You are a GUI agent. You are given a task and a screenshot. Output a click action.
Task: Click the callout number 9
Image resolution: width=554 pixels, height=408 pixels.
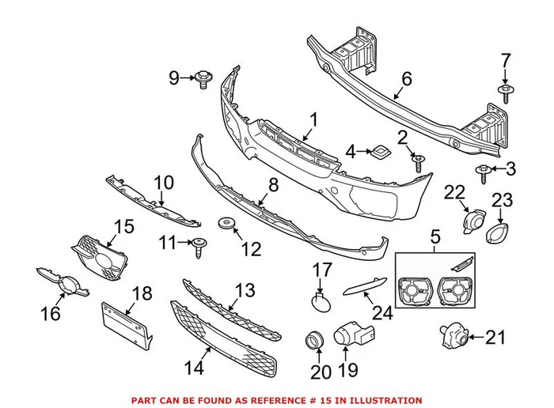pos(173,77)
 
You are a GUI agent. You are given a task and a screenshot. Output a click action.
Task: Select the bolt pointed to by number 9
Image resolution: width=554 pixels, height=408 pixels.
pos(204,77)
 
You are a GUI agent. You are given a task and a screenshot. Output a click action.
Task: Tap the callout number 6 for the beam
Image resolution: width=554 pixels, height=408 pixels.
pos(408,78)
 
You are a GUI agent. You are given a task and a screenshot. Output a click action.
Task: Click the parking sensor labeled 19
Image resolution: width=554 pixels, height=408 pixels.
pos(351,335)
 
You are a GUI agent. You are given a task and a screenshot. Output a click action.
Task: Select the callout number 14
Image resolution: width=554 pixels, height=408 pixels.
pos(192,368)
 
